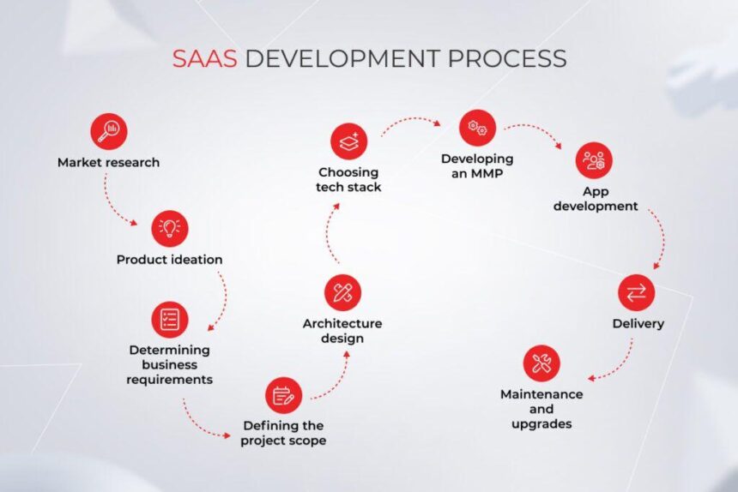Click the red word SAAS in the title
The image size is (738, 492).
pyautogui.click(x=205, y=58)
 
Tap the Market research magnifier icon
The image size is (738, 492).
pyautogui.click(x=109, y=132)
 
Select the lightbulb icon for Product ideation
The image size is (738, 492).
pyautogui.click(x=170, y=229)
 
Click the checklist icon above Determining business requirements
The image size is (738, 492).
pyautogui.click(x=170, y=320)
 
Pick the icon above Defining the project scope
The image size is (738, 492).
pyautogui.click(x=283, y=395)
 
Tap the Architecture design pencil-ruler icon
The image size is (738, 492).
pyautogui.click(x=342, y=292)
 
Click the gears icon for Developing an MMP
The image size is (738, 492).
pyautogui.click(x=477, y=128)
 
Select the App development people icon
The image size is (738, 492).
pyautogui.click(x=595, y=160)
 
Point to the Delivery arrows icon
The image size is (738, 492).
pyautogui.click(x=637, y=292)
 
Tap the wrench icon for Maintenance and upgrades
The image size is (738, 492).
pyautogui.click(x=541, y=363)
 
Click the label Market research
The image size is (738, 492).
pyautogui.click(x=109, y=162)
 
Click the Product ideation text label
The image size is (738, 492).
pyautogui.click(x=170, y=259)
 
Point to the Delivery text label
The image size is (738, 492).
pyautogui.click(x=638, y=324)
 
